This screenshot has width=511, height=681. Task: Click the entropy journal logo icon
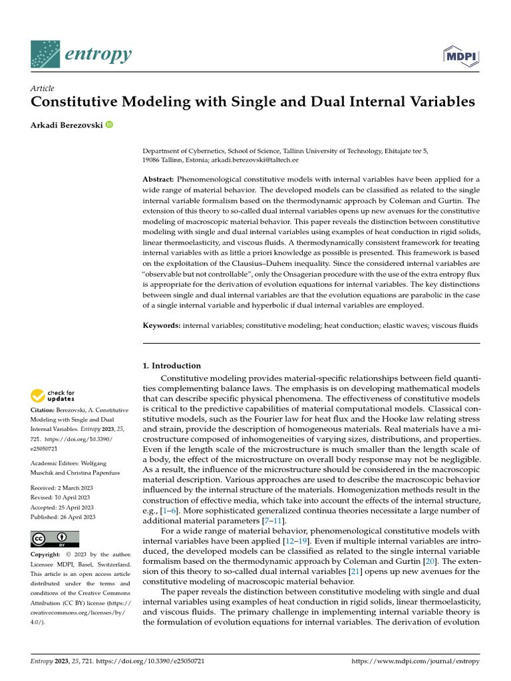pos(45,55)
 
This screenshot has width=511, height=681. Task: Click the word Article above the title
pos(43,88)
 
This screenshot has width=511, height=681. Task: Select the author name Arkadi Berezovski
pos(66,124)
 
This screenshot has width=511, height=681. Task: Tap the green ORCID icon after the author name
pos(109,124)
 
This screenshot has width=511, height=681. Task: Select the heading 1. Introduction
pos(172,366)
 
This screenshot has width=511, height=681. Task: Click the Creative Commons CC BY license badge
pos(55,539)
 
